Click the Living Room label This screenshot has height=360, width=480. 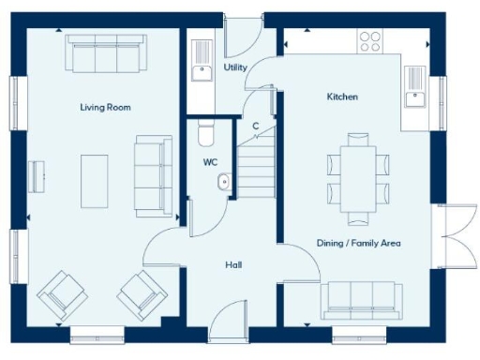point(105,108)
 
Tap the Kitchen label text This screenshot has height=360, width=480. point(342,97)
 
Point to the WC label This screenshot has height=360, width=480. point(211,162)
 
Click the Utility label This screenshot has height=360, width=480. point(235,67)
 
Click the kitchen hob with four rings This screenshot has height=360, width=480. point(370,41)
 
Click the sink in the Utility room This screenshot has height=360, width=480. point(200,70)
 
